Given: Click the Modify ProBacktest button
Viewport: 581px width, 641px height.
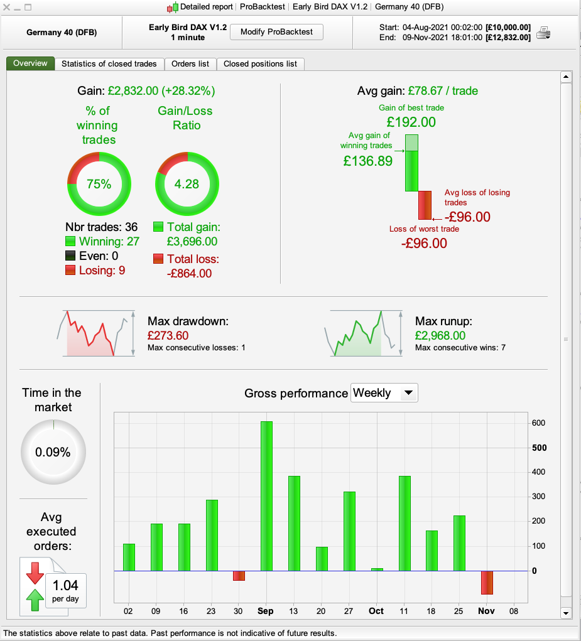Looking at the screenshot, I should [276, 32].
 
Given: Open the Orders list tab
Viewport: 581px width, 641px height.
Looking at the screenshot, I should [190, 63].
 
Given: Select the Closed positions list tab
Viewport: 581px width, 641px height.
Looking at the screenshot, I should [260, 63].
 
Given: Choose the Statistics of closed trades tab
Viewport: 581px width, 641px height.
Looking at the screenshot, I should [110, 63].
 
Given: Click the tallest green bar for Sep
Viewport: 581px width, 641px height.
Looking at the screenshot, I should [266, 496].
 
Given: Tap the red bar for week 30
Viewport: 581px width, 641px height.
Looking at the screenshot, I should [239, 576].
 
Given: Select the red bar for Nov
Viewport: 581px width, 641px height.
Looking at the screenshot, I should [487, 582].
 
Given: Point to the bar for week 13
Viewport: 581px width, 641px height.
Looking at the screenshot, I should [294, 524].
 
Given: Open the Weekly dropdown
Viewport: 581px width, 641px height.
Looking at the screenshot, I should [384, 393].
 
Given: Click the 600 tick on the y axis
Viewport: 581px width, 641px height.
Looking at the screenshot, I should [539, 423].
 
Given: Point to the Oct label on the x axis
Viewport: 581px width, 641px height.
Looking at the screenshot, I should [376, 611].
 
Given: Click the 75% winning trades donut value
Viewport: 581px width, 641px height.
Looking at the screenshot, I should [99, 184].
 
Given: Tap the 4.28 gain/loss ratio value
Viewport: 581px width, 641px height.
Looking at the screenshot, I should [187, 184].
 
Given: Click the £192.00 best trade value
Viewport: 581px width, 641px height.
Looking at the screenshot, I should [411, 122].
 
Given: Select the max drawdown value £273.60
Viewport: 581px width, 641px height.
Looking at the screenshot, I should [168, 336].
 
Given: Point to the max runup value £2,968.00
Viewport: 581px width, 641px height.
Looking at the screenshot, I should [440, 336].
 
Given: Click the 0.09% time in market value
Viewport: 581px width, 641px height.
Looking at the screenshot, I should [53, 452].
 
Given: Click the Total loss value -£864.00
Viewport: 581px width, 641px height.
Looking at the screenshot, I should [189, 273].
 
